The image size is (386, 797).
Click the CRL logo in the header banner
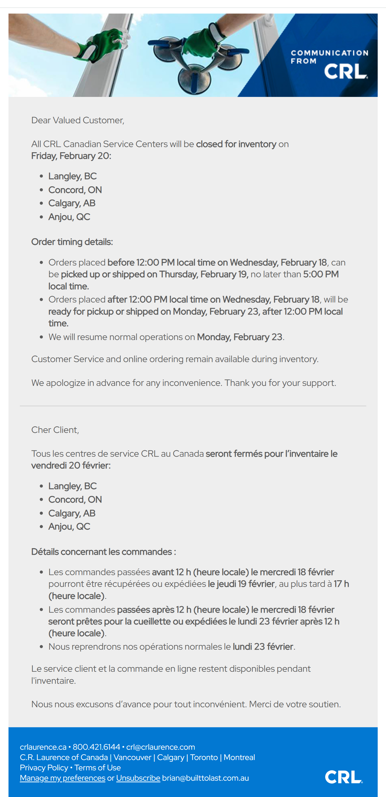pos(346,71)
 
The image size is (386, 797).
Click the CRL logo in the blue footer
pos(343,777)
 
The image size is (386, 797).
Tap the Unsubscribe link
pos(138,778)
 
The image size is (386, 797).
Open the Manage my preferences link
pos(62,778)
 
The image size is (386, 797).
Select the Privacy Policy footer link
pos(44,767)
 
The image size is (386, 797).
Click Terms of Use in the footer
pos(97,767)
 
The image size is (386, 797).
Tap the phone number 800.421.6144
pos(96,747)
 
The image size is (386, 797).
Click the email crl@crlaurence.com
pos(160,747)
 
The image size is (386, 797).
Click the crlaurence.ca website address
pos(43,747)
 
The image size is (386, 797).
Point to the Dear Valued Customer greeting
pos(78,120)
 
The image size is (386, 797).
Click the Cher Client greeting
pos(55,430)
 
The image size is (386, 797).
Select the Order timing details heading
pos(72,242)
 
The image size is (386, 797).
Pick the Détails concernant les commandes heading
pos(104,552)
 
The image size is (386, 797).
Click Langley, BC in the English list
pos(72,176)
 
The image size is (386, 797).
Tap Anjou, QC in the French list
pos(69,526)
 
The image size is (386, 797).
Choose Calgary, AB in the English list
pos(72,203)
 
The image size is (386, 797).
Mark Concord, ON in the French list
pos(75,499)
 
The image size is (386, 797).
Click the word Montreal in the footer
pos(239,757)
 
